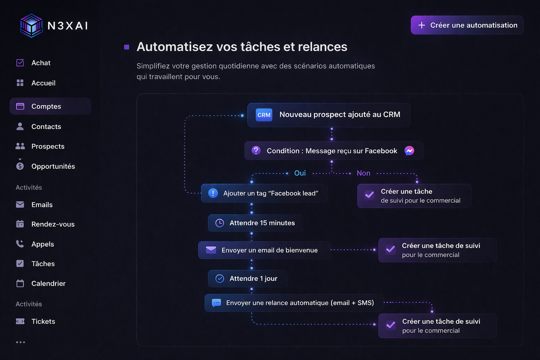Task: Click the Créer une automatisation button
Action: [467, 25]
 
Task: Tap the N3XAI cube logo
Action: [32, 26]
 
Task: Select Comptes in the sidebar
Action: [46, 106]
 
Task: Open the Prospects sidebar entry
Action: [48, 146]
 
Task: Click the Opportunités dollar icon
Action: [20, 166]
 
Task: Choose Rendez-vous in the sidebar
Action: [53, 224]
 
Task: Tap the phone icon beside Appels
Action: [20, 244]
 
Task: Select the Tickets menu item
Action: [43, 321]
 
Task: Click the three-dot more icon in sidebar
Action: [20, 342]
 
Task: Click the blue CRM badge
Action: [264, 115]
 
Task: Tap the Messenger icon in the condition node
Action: [409, 151]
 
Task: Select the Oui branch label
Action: [300, 173]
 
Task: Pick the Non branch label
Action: [363, 173]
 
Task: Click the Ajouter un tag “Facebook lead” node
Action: [264, 193]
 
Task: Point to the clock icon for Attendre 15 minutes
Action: [219, 223]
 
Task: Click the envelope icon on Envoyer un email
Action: [211, 250]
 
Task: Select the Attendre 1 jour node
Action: [248, 278]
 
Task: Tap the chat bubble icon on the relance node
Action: [216, 303]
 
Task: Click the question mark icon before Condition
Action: [256, 151]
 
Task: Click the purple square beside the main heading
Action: [127, 47]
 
